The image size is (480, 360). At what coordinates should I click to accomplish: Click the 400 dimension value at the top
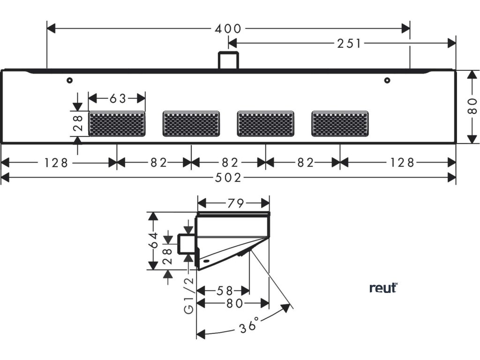(x=228, y=29)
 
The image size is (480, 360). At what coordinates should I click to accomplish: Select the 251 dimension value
(x=349, y=44)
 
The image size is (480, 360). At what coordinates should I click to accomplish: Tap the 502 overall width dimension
(x=228, y=178)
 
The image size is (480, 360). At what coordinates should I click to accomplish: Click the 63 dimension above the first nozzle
(x=118, y=98)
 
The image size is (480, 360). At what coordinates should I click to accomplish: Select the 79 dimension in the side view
(x=233, y=203)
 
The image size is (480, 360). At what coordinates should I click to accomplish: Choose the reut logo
(x=383, y=288)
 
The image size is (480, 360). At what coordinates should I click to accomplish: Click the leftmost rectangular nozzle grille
(x=117, y=124)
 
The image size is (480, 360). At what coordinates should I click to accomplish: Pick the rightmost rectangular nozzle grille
(x=340, y=124)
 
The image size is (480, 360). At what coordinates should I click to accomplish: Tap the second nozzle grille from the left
(x=191, y=124)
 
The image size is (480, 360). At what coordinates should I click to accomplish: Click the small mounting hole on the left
(x=69, y=81)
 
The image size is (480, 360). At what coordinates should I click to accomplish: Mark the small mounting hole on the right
(x=387, y=81)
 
